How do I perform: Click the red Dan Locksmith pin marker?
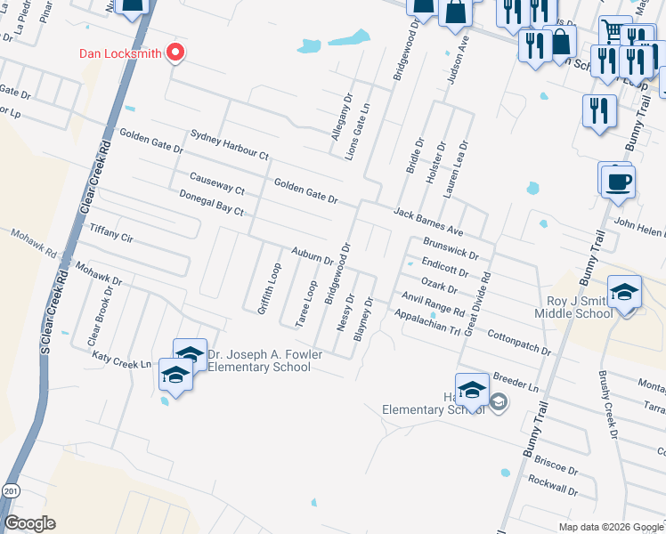(x=175, y=53)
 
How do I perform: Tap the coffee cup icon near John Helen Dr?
(x=617, y=182)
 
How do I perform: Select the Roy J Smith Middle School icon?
(x=624, y=294)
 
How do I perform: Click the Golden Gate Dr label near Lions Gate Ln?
(x=305, y=190)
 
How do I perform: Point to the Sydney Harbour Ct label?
(x=229, y=145)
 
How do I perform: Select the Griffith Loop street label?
(x=270, y=288)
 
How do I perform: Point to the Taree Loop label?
(x=306, y=304)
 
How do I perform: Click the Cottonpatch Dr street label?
(x=520, y=340)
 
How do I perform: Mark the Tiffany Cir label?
(x=111, y=233)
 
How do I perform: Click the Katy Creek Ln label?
(x=122, y=361)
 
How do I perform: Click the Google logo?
(x=29, y=523)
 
